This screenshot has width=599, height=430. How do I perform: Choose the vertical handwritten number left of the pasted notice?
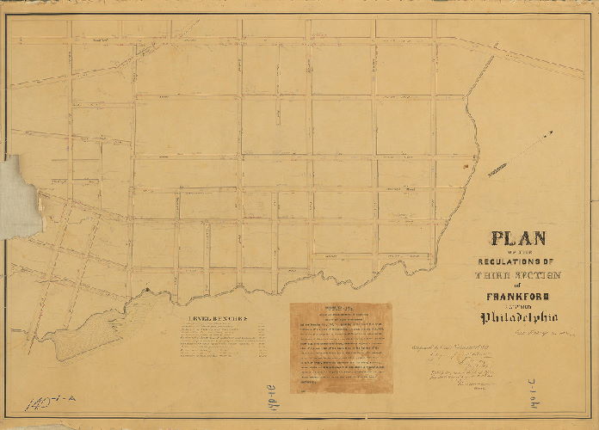pos(271,392)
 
